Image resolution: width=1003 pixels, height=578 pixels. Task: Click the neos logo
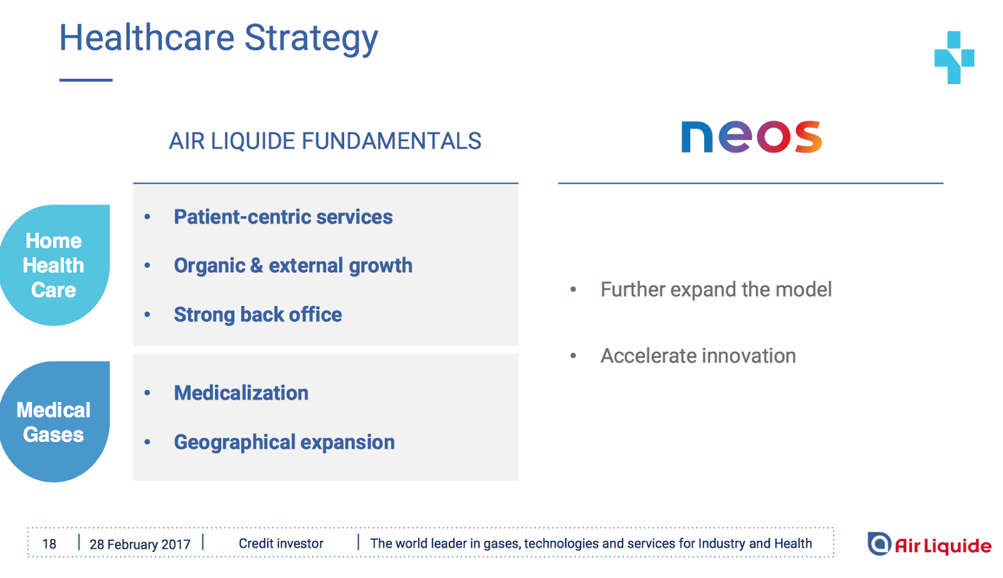coord(752,137)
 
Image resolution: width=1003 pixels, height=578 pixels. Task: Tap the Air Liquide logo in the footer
coord(929,544)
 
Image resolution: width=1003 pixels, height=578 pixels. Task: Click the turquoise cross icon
coord(954,57)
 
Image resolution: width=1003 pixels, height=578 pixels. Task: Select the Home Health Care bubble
coord(54,265)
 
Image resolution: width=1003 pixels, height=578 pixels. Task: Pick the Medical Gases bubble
coord(54,422)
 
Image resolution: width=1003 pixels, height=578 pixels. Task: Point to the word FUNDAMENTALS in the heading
coord(391,141)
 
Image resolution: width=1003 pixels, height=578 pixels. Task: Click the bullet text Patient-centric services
coord(283,217)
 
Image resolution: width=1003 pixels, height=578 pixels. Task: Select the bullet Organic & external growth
coord(293,266)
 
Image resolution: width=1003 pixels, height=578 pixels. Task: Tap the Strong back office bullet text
coord(258,314)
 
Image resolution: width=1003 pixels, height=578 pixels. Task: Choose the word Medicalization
coord(241,393)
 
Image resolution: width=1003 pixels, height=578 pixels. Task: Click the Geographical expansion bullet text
coord(285,443)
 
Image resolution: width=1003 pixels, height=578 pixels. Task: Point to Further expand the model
coord(716,290)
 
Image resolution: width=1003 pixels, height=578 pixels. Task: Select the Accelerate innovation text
coord(698,356)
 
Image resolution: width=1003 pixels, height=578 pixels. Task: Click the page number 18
coord(50,544)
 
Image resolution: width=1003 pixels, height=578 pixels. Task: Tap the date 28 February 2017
coord(140,544)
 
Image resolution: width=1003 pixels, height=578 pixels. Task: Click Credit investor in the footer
coord(281,544)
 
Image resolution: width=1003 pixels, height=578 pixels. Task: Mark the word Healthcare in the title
coord(147,38)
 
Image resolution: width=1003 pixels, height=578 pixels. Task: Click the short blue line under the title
coord(86,80)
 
